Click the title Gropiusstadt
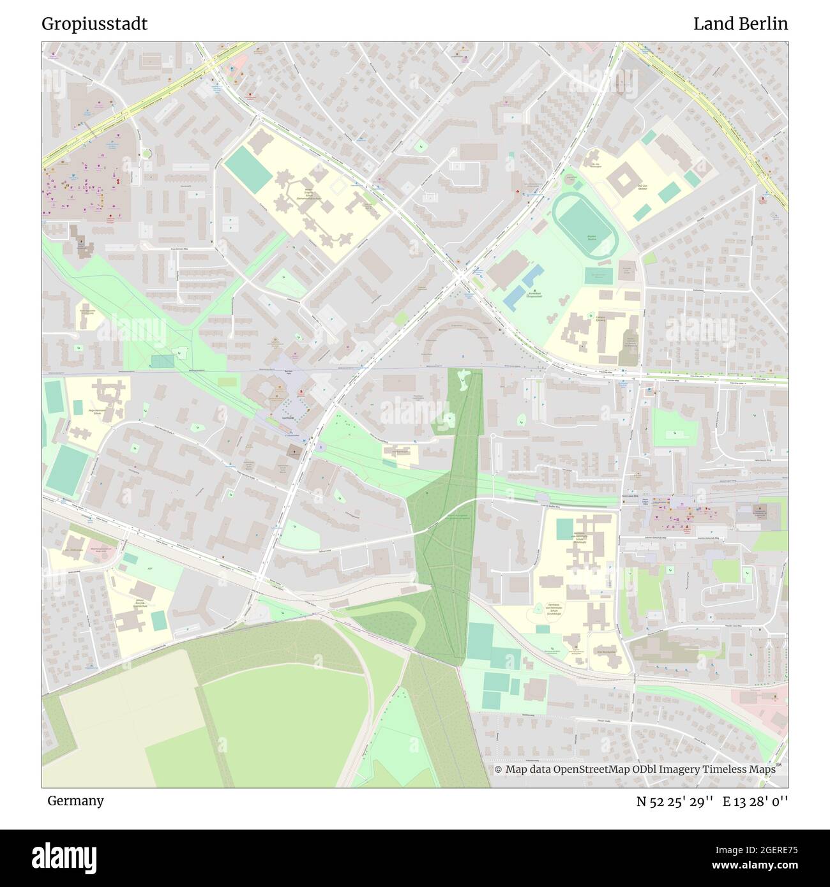pos(94,24)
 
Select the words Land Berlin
pos(740,24)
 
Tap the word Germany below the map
pos(75,800)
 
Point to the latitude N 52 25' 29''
pos(674,801)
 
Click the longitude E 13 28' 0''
pos(755,801)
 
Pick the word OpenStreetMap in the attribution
pos(591,770)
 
